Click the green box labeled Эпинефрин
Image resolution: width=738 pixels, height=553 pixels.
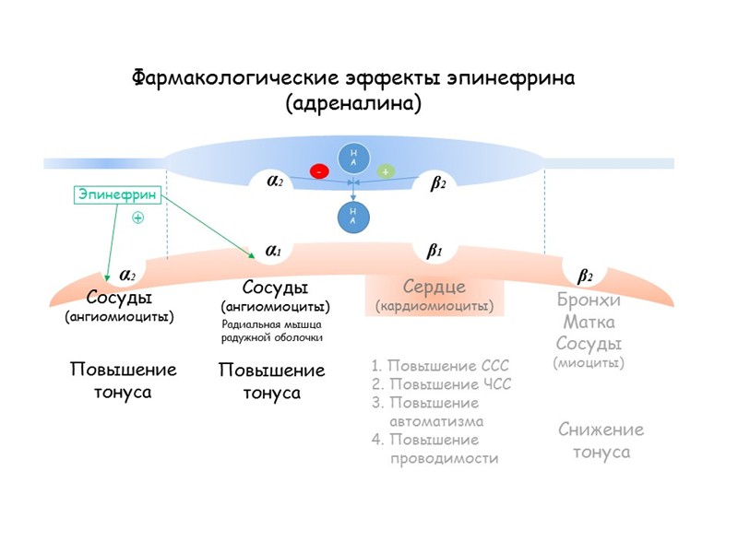click(116, 195)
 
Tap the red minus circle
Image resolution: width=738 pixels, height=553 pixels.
click(319, 171)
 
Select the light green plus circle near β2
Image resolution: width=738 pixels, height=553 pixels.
click(385, 171)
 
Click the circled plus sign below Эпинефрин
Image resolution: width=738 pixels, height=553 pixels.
click(138, 218)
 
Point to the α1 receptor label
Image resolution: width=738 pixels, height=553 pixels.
click(274, 250)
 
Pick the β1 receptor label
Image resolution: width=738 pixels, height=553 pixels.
click(434, 250)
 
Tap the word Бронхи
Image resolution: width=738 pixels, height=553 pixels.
click(589, 300)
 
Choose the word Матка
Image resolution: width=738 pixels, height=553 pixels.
click(589, 323)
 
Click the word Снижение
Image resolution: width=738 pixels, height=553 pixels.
click(601, 429)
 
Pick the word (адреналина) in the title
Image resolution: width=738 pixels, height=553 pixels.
click(355, 103)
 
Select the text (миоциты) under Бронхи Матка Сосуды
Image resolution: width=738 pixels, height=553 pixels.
click(589, 363)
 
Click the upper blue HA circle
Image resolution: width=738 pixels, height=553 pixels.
click(352, 158)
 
